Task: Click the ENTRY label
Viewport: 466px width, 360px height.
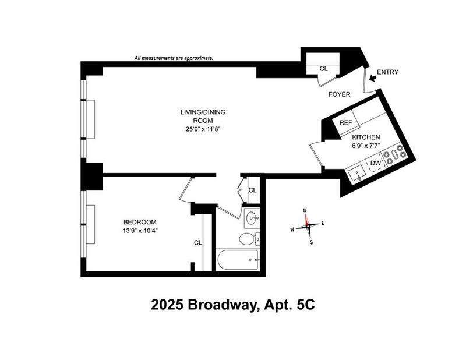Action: (x=387, y=72)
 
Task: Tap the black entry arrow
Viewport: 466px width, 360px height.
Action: (x=372, y=78)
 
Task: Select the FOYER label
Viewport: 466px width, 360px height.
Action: (x=339, y=94)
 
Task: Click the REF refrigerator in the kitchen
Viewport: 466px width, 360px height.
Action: (x=346, y=122)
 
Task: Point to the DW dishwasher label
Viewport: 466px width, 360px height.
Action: (x=376, y=163)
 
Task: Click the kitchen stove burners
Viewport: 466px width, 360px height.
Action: (x=394, y=154)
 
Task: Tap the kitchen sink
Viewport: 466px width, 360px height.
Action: (x=358, y=174)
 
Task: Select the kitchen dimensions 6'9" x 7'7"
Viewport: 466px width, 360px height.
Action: (x=366, y=146)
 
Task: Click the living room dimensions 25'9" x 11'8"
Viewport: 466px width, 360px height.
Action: (x=203, y=129)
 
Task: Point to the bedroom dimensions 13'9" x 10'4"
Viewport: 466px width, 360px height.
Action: (x=140, y=230)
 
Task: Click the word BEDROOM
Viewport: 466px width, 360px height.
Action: (x=140, y=222)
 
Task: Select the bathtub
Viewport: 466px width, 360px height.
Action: (x=238, y=260)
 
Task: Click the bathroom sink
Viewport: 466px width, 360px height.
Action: (x=252, y=218)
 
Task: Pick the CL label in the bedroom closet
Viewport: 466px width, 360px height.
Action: (x=198, y=243)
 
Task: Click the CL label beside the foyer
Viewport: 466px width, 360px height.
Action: (x=324, y=69)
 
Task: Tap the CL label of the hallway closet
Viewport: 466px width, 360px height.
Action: (x=252, y=190)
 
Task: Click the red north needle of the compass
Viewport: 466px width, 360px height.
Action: (x=306, y=219)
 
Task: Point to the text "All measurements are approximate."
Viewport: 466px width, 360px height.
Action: (x=174, y=58)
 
